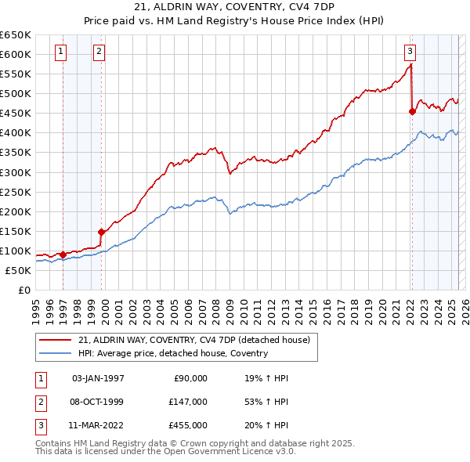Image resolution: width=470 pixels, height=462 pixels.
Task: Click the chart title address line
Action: point(235,7)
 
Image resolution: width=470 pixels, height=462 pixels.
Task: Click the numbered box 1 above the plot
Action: point(61,52)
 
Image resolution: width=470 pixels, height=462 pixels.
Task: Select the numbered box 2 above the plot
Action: point(99,52)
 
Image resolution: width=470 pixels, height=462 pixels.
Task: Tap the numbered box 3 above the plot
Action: point(410,52)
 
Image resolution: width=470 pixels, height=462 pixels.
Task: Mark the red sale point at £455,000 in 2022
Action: point(413,111)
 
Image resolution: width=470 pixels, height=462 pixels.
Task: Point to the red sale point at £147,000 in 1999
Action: point(101,232)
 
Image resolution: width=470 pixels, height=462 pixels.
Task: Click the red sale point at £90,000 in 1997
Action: point(63,254)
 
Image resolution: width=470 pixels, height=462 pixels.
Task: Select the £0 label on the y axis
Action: point(23,290)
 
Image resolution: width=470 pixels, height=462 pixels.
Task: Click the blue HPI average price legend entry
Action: point(173,353)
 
